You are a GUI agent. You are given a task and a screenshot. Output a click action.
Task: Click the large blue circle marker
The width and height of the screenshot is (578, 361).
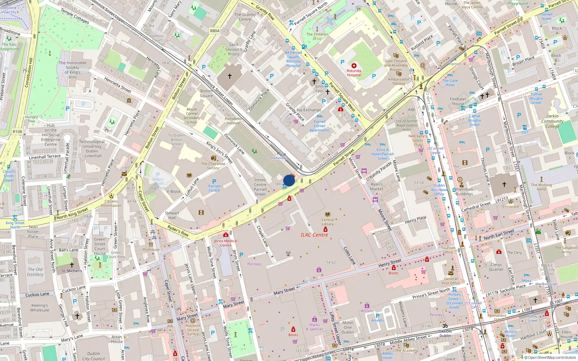pos(289,180)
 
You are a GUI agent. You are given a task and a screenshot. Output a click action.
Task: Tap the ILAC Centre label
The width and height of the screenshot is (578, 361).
pos(314,235)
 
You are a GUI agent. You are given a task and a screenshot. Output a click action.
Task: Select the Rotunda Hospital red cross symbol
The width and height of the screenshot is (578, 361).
pos(354,66)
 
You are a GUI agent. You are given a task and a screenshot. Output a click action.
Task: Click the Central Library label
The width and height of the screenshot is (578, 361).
pos(328,222)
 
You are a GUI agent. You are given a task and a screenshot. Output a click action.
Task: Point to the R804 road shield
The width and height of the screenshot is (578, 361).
pos(215,31)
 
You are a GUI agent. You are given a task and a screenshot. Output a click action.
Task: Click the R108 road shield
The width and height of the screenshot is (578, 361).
pos(17,132)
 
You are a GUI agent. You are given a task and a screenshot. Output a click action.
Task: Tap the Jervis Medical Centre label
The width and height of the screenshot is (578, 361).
pos(225,243)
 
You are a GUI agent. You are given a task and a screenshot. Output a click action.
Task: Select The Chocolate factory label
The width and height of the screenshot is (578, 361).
pos(213,166)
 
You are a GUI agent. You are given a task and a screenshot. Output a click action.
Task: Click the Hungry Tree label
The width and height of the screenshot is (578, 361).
pos(31,119)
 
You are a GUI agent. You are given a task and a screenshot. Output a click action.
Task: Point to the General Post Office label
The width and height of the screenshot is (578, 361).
pos(450,281)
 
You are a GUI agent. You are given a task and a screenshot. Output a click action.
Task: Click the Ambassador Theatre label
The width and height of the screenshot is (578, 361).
pos(399,81)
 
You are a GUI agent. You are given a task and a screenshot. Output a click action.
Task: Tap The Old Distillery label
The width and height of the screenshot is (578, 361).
pos(35,272)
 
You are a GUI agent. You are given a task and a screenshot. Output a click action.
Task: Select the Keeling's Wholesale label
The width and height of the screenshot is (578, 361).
pos(39,308)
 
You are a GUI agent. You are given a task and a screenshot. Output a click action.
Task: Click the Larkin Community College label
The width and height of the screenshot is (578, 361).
pos(552,121)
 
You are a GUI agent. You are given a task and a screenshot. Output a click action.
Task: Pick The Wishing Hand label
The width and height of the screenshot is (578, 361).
pos(541,187)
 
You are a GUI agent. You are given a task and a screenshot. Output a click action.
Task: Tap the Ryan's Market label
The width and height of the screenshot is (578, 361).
pos(376,186)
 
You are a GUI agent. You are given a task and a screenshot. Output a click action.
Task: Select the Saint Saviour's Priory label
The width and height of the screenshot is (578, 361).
pos(234,49)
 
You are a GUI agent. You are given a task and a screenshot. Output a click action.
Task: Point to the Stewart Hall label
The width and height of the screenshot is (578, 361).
pos(172,215)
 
